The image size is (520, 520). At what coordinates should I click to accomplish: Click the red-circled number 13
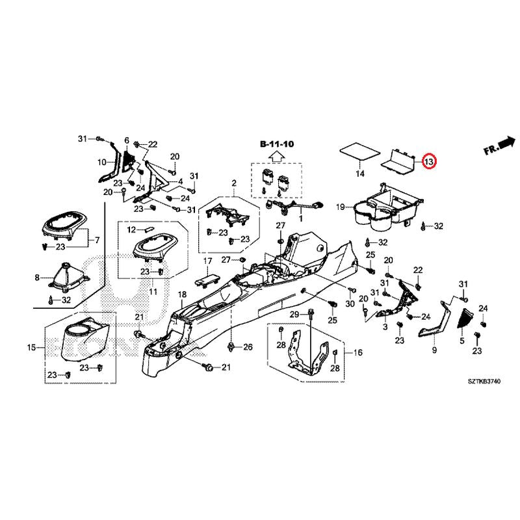pyautogui.click(x=428, y=161)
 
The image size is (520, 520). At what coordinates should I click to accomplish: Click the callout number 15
pyautogui.click(x=31, y=348)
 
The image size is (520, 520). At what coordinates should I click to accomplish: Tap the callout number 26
pyautogui.click(x=247, y=348)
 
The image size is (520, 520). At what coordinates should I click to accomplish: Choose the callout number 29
pyautogui.click(x=293, y=315)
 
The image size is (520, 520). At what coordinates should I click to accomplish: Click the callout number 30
pyautogui.click(x=350, y=304)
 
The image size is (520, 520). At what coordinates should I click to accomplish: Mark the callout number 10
pyautogui.click(x=101, y=162)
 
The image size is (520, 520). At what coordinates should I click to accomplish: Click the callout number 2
pyautogui.click(x=234, y=184)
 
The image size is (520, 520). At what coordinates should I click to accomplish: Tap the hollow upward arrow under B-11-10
pyautogui.click(x=276, y=156)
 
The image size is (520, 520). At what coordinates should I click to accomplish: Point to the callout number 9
pyautogui.click(x=434, y=351)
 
